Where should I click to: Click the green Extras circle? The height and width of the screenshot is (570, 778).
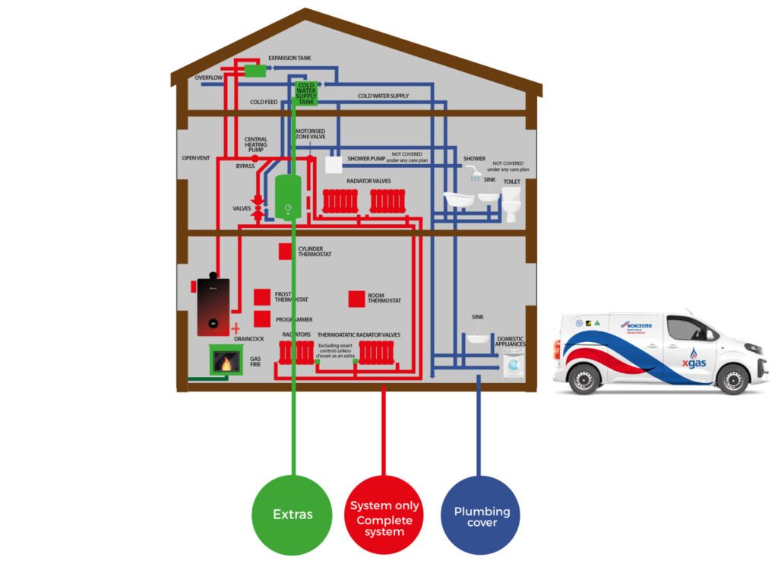pyautogui.click(x=293, y=514)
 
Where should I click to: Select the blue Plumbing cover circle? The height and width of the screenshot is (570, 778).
pyautogui.click(x=482, y=515)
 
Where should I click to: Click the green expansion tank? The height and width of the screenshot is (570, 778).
pyautogui.click(x=255, y=71)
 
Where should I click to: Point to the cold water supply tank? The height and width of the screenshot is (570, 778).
pyautogui.click(x=305, y=93)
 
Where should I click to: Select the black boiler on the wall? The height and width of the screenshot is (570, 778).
pyautogui.click(x=213, y=306)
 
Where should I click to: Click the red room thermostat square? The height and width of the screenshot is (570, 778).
pyautogui.click(x=356, y=299)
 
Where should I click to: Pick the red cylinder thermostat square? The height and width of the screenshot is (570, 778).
pyautogui.click(x=286, y=251)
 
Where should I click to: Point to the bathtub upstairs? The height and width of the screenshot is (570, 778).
pyautogui.click(x=459, y=200)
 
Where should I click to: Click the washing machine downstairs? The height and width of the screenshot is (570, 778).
pyautogui.click(x=514, y=369)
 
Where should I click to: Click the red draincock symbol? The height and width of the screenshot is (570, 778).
pyautogui.click(x=236, y=328)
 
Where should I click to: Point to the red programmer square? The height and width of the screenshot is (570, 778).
pyautogui.click(x=261, y=319)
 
